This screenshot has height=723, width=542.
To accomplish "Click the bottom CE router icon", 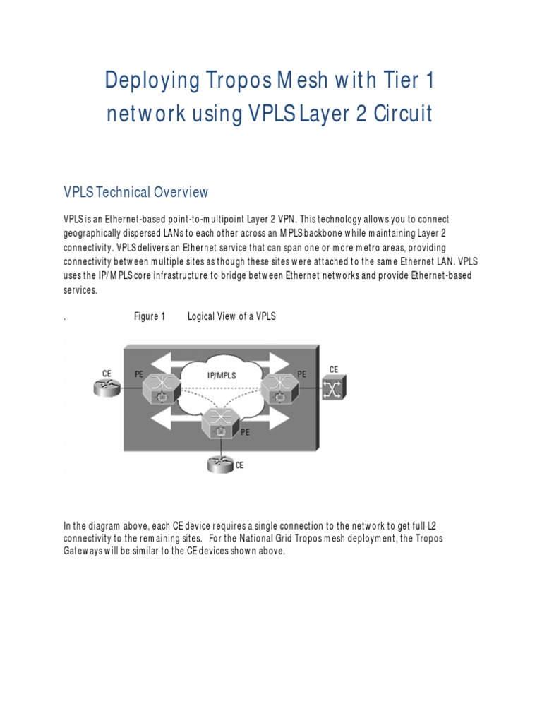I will point(219,465).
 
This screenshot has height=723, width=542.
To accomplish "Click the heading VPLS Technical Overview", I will point(136,192).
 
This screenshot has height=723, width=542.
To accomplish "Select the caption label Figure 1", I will point(150,317).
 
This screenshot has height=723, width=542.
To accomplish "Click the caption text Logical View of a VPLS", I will point(231,317).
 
